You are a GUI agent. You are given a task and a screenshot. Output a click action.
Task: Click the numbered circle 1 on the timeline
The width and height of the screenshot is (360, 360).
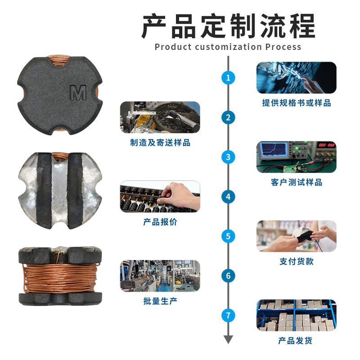tap(228, 77)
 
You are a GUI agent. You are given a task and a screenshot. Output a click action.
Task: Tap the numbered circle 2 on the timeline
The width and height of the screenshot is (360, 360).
tap(228, 117)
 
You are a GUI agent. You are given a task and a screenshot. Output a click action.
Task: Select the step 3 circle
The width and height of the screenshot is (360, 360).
tap(228, 157)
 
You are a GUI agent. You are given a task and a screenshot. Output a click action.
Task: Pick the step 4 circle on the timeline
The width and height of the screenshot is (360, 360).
tap(228, 197)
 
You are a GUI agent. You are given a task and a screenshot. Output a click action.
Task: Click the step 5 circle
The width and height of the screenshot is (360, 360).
tap(228, 236)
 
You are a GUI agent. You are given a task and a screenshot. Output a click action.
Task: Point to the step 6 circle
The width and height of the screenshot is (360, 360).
tap(228, 276)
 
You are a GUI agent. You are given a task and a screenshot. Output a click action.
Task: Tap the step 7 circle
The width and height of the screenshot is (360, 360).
tap(228, 315)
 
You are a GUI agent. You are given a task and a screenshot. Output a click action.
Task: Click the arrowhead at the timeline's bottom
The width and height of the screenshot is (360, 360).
tap(228, 339)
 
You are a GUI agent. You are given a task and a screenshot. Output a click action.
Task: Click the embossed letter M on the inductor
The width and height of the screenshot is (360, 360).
tap(78, 93)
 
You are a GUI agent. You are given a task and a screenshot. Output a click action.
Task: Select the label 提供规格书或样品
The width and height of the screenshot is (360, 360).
tap(297, 103)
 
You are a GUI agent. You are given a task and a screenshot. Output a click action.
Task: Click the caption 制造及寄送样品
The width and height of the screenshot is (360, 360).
tap(160, 143)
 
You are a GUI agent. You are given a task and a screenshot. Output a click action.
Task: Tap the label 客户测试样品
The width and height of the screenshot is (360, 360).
tap(297, 182)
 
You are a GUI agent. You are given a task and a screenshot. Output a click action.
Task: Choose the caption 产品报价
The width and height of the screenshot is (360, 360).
tap(160, 222)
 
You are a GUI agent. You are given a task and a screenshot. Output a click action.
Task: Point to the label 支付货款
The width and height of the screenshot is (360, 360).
tap(297, 261)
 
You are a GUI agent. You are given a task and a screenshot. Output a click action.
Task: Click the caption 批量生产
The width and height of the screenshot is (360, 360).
tap(160, 301)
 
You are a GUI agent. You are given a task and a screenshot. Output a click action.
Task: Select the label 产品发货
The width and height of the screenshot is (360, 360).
tap(295, 341)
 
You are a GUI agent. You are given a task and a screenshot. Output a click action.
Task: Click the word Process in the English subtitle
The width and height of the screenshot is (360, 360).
tap(283, 47)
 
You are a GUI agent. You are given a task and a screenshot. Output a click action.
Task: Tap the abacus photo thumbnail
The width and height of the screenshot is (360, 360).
tap(160, 197)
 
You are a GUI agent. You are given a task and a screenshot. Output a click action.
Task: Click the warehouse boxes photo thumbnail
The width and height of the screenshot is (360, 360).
tap(297, 315)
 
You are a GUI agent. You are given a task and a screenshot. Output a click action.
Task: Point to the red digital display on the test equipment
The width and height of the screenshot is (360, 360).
tap(326, 145)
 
